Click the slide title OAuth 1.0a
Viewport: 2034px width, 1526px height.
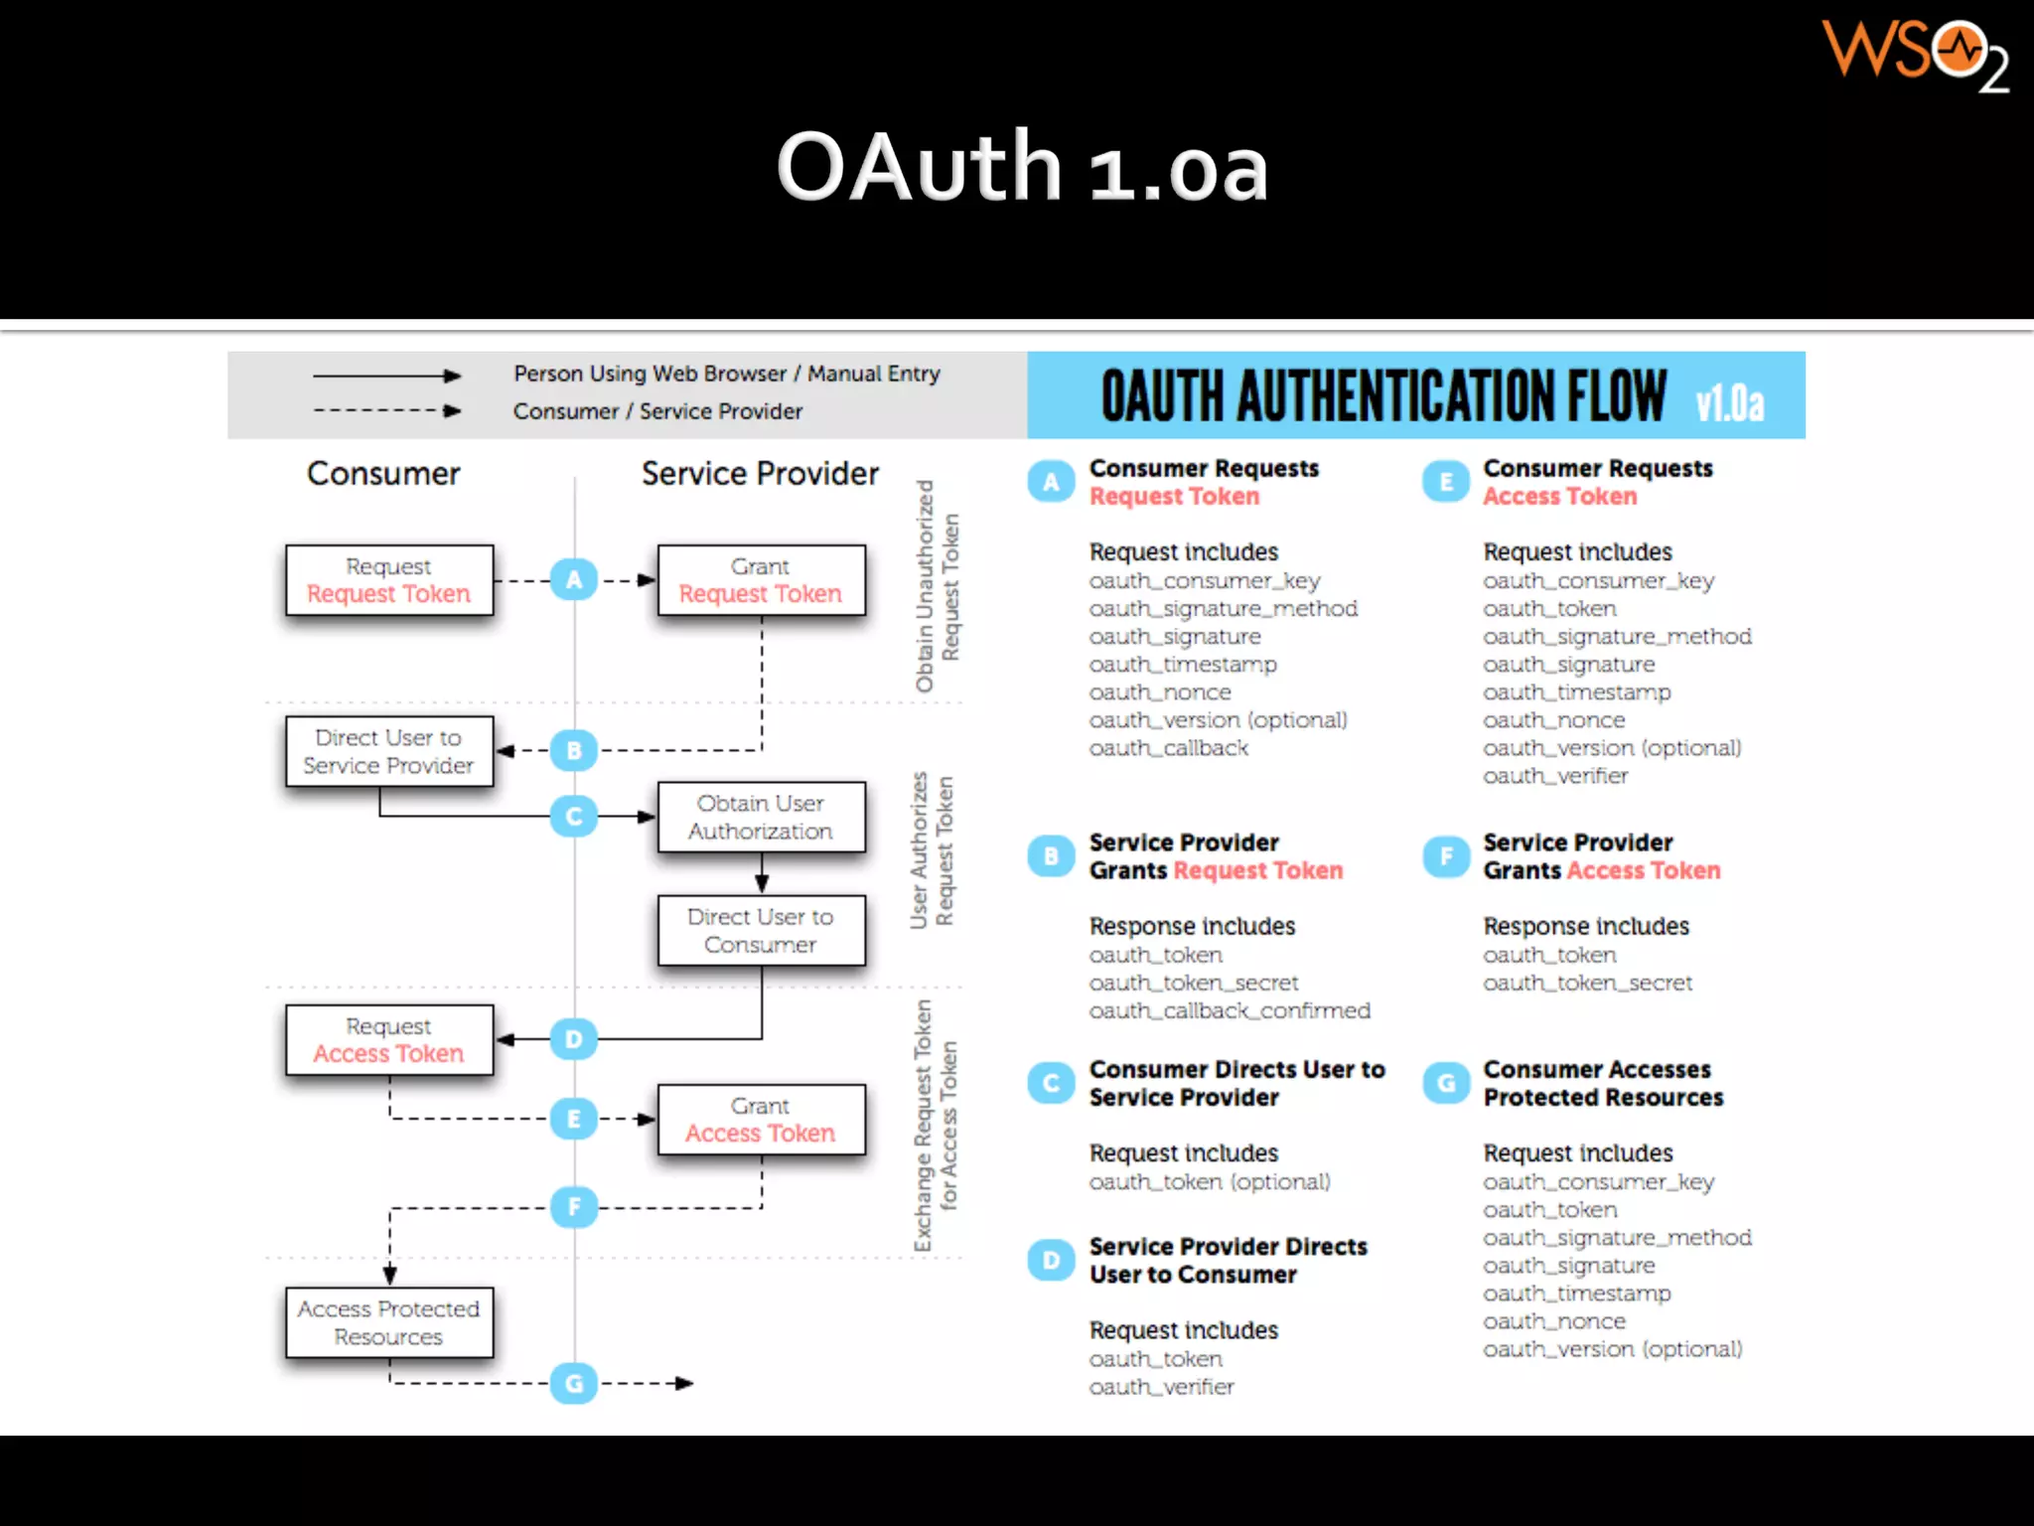pyautogui.click(x=1022, y=167)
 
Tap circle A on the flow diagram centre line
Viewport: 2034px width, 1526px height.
pyautogui.click(x=574, y=579)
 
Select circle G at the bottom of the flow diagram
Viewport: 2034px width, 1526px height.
pyautogui.click(x=574, y=1383)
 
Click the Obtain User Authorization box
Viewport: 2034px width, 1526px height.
pyautogui.click(x=761, y=817)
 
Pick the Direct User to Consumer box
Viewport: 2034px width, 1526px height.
pyautogui.click(x=761, y=930)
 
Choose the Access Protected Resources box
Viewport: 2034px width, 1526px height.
pyautogui.click(x=388, y=1322)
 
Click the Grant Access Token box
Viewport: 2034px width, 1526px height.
pyautogui.click(x=761, y=1120)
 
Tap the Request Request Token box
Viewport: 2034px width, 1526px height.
pyautogui.click(x=388, y=580)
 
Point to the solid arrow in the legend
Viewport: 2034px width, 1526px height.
pyautogui.click(x=386, y=376)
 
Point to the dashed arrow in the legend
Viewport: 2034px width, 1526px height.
pyautogui.click(x=386, y=410)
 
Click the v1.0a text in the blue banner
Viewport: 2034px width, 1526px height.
pyautogui.click(x=1729, y=403)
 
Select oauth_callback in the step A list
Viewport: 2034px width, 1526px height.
pyautogui.click(x=1168, y=748)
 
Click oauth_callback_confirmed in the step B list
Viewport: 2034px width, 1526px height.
pyautogui.click(x=1230, y=1010)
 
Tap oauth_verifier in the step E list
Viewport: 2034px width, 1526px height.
pyautogui.click(x=1555, y=776)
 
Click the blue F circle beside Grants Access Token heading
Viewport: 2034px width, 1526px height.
pyautogui.click(x=1446, y=856)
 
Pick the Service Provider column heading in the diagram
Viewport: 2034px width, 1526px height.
pyautogui.click(x=760, y=474)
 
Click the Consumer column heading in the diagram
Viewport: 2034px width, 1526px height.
pyautogui.click(x=383, y=474)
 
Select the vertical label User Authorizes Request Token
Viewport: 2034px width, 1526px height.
pyautogui.click(x=932, y=850)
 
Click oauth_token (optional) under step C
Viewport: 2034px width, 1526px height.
pyautogui.click(x=1210, y=1182)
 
